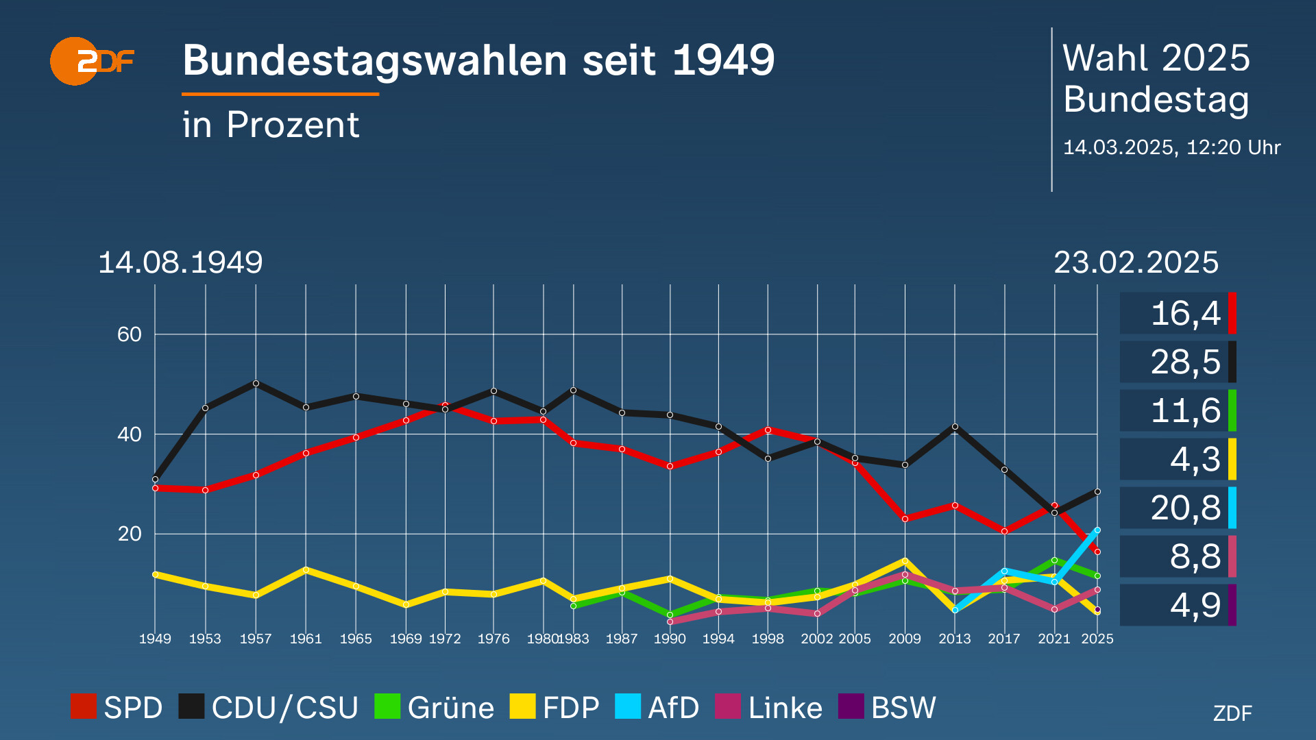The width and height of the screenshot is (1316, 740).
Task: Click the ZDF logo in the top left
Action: (92, 61)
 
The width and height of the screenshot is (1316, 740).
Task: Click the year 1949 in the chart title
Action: (723, 60)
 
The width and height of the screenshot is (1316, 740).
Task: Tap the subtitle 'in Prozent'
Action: (271, 125)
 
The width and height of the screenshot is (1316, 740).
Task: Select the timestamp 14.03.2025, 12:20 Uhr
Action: (1171, 147)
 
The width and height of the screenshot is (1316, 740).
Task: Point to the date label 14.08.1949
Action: (180, 262)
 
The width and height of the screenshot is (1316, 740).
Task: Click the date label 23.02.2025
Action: (1136, 262)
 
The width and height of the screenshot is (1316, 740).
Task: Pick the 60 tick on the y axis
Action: (129, 334)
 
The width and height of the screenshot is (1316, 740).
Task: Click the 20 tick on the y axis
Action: (129, 534)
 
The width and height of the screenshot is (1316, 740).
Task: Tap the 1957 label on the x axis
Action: (256, 639)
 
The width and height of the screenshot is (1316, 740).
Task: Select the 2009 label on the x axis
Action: (905, 639)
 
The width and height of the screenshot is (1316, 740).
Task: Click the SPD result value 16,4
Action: (1185, 314)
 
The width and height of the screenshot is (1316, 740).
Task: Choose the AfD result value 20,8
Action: (1185, 508)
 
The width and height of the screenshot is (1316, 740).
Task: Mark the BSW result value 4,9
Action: (1195, 605)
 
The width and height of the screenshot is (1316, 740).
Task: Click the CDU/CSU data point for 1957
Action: (256, 383)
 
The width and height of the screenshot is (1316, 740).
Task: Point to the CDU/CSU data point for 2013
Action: (955, 426)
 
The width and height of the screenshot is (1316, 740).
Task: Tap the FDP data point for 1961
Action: (306, 569)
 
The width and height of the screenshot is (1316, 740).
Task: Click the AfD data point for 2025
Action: (1097, 530)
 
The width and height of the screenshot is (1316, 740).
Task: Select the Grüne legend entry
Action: (435, 707)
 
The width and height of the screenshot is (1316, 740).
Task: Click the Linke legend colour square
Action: (728, 706)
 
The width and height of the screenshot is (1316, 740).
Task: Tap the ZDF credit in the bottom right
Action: (1232, 713)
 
